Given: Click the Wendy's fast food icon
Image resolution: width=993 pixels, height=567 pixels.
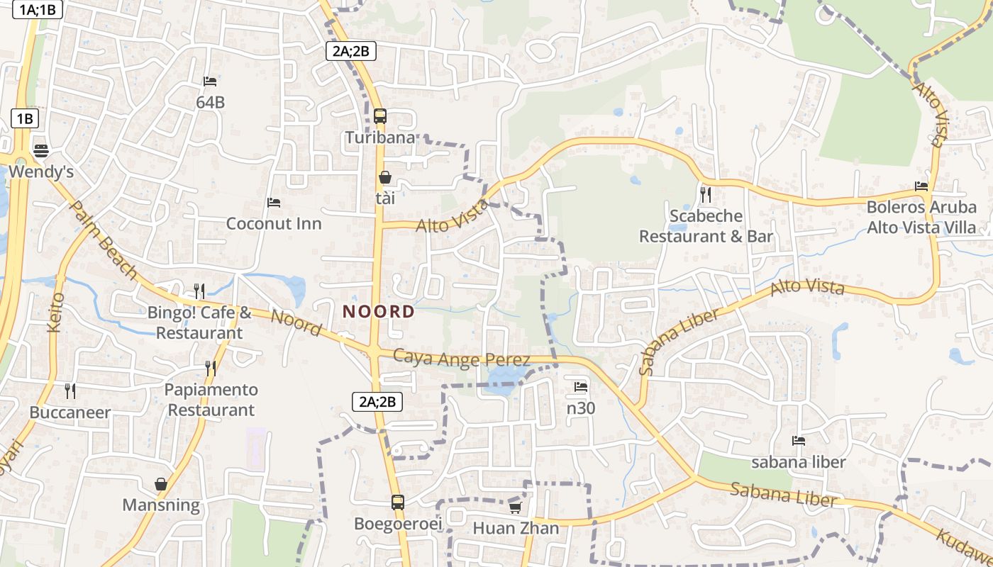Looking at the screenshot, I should pyautogui.click(x=40, y=150).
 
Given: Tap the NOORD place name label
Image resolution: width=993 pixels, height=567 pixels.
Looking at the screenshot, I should pyautogui.click(x=379, y=311).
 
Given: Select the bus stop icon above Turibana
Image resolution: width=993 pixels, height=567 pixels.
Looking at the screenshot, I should pyautogui.click(x=380, y=116).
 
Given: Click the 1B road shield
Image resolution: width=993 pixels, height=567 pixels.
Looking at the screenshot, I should pyautogui.click(x=25, y=118).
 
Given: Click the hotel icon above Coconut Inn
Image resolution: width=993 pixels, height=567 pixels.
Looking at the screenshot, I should pyautogui.click(x=274, y=203).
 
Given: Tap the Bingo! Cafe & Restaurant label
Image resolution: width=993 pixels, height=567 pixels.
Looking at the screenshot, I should pyautogui.click(x=199, y=322).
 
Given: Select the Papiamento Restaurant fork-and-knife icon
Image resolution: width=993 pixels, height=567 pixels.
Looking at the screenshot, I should pyautogui.click(x=211, y=369).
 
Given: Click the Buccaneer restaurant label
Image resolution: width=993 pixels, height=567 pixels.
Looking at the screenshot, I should pyautogui.click(x=70, y=412).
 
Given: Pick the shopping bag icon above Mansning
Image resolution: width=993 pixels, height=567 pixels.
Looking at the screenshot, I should pyautogui.click(x=161, y=485).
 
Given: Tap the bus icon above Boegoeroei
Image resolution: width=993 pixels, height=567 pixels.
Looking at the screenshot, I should pyautogui.click(x=398, y=503).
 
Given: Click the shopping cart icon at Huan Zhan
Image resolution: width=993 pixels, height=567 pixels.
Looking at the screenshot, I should pyautogui.click(x=516, y=507).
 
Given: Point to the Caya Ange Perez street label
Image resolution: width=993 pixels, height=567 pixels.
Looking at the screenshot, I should pyautogui.click(x=461, y=359).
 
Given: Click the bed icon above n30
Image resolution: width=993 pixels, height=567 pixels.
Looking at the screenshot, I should pyautogui.click(x=581, y=387).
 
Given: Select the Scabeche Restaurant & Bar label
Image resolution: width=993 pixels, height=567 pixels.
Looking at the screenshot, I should pyautogui.click(x=706, y=226).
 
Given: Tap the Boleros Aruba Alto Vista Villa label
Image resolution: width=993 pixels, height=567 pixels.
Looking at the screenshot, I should pyautogui.click(x=921, y=218).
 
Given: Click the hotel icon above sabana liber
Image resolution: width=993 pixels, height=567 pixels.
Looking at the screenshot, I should pyautogui.click(x=799, y=441).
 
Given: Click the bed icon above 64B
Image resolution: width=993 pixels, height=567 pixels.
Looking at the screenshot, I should pyautogui.click(x=210, y=82).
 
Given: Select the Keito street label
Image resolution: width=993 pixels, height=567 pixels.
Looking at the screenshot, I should pyautogui.click(x=56, y=312).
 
